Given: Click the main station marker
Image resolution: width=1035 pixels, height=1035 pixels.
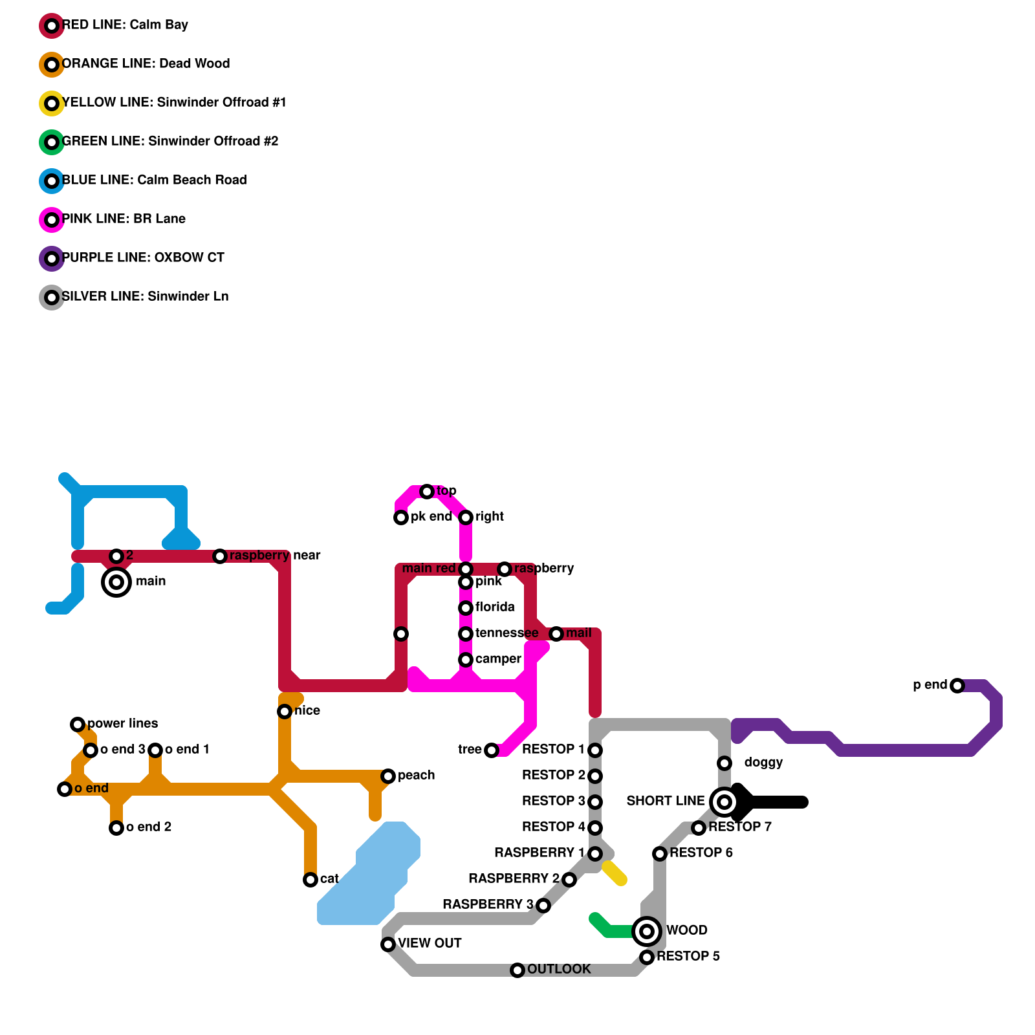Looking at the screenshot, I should (x=116, y=582).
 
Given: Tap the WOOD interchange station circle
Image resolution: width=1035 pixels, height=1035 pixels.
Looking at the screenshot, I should (x=647, y=931).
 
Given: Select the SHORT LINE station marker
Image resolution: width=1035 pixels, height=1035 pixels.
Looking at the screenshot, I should (x=724, y=802).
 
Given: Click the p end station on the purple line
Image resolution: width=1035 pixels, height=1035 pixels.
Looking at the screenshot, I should (x=957, y=686).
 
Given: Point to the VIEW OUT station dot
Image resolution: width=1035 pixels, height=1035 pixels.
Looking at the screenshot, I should (x=388, y=944).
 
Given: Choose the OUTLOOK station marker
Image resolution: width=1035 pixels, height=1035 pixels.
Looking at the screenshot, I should (x=517, y=970).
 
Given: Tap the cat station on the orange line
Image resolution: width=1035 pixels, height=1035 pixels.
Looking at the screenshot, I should (x=310, y=880).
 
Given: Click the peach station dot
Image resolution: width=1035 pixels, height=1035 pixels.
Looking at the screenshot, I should (x=388, y=776).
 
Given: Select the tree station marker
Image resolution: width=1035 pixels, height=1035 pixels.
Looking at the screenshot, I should (x=492, y=750).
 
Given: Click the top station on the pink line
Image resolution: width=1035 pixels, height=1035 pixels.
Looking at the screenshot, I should (x=427, y=492).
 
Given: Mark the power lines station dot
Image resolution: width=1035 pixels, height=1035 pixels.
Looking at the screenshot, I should (x=78, y=724).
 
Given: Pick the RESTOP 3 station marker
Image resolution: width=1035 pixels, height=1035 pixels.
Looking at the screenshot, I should (x=595, y=802).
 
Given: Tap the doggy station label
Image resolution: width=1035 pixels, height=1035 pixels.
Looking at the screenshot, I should (x=763, y=763).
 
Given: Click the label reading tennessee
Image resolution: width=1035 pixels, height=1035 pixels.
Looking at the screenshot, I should (x=507, y=633).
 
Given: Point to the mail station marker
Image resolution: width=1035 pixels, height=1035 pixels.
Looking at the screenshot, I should (x=556, y=634).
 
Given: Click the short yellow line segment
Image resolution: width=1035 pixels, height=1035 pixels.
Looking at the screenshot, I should (x=615, y=873).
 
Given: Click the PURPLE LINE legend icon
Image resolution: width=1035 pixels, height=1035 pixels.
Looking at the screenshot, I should (x=52, y=259).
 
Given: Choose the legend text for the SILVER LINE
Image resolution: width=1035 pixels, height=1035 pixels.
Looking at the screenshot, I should (x=145, y=297).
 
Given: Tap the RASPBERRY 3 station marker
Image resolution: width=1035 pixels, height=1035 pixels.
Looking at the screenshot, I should (x=543, y=906).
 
